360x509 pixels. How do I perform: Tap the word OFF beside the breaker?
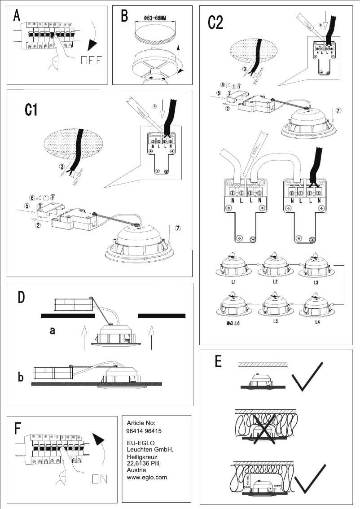coord(92,60)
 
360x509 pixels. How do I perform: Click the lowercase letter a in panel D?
coord(53,331)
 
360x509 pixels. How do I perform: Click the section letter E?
coord(219,362)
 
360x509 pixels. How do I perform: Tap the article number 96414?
coord(135,431)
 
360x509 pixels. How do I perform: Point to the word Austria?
coord(137,469)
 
